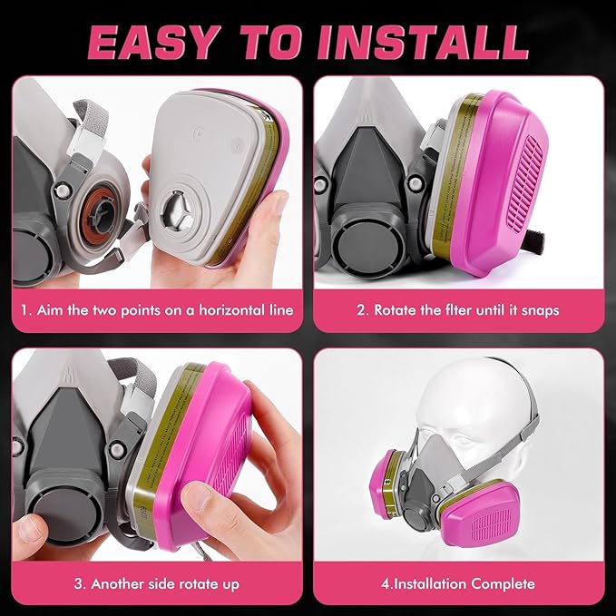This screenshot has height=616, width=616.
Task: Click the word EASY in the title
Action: point(152,42)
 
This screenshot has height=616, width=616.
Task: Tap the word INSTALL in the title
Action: point(423,42)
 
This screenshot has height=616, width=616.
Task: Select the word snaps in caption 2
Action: point(540,311)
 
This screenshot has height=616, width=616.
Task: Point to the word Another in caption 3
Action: point(120,583)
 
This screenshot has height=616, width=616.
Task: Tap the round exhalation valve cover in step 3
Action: point(64,513)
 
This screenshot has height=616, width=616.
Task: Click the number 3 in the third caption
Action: point(78,583)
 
